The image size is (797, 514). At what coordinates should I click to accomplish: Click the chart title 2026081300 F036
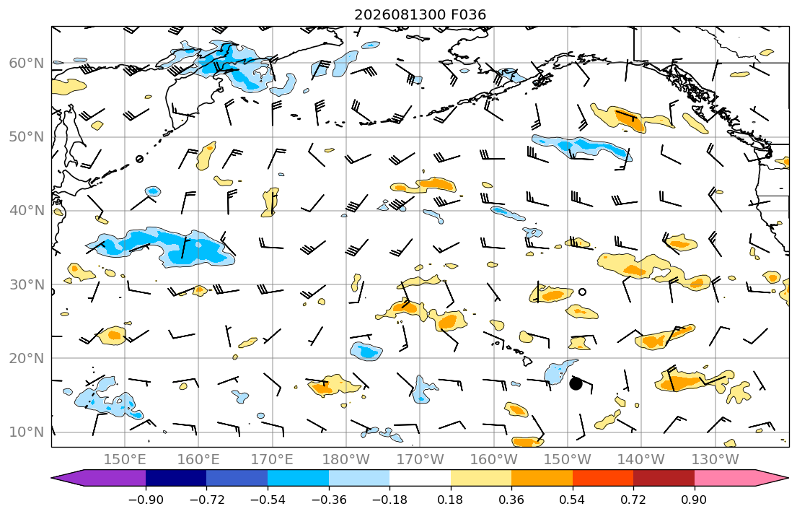tap(420, 14)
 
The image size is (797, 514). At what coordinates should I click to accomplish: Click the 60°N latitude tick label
tap(27, 63)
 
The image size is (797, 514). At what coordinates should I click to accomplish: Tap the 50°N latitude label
tap(27, 137)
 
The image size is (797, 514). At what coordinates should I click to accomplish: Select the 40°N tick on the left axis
tap(27, 211)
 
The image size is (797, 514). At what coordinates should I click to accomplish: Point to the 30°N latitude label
tap(27, 284)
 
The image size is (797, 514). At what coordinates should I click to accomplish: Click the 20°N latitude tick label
tap(27, 358)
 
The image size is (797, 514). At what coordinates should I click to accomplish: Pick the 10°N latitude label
tap(27, 432)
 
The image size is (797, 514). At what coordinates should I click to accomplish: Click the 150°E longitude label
tap(125, 460)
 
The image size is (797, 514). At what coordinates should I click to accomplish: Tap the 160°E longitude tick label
tap(198, 460)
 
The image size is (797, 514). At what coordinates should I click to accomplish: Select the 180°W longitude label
tap(346, 460)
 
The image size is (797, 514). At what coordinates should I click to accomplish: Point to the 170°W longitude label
tap(420, 460)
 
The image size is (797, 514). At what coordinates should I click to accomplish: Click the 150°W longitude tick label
tap(567, 460)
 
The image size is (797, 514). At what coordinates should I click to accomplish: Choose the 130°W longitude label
tap(715, 460)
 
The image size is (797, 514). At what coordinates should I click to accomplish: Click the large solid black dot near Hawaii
tap(576, 384)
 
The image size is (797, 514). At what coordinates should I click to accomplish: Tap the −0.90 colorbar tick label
tap(146, 500)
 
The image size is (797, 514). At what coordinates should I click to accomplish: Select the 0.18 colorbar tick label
tap(450, 500)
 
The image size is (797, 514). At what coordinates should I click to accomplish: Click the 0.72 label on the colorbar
tap(633, 500)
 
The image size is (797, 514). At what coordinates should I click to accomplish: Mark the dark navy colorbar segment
tap(176, 478)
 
